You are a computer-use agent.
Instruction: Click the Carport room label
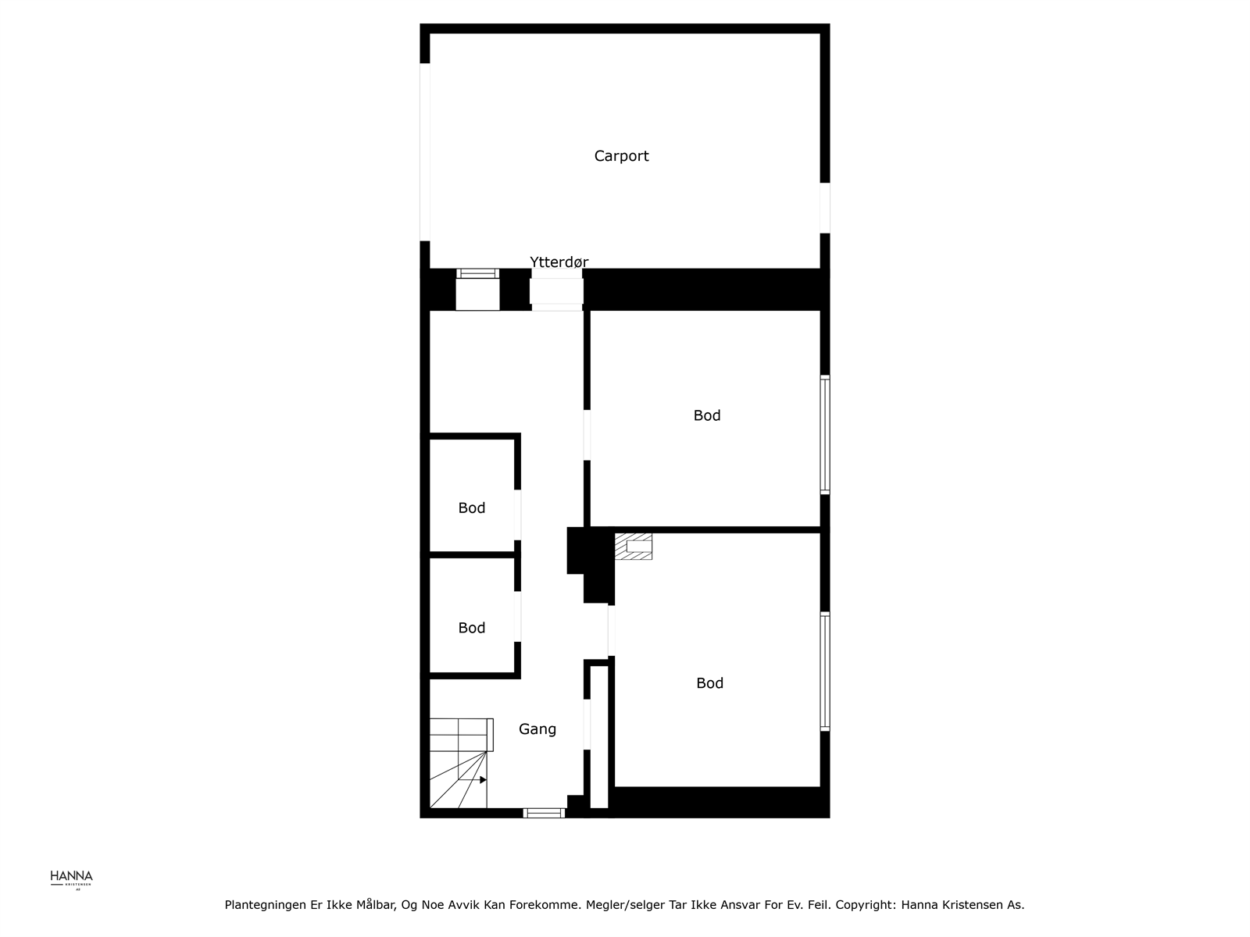(621, 156)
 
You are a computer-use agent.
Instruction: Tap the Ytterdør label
(559, 262)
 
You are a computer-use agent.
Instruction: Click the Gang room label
(537, 729)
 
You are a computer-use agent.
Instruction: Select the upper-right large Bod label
(707, 415)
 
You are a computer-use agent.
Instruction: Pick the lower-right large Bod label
(709, 683)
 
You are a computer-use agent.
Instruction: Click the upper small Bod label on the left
(472, 508)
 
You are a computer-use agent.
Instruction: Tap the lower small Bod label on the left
(472, 628)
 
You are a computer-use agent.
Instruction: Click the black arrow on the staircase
(483, 780)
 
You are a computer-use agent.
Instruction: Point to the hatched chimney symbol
(633, 546)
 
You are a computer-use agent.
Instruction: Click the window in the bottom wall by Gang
(544, 813)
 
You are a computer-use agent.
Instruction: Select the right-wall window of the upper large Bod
(824, 434)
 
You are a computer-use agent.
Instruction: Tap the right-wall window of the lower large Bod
(824, 672)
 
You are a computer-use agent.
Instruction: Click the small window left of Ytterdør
(477, 274)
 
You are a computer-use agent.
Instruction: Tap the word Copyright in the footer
(865, 905)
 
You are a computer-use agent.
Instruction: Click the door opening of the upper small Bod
(517, 515)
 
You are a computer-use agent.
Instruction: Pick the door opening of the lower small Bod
(517, 617)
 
